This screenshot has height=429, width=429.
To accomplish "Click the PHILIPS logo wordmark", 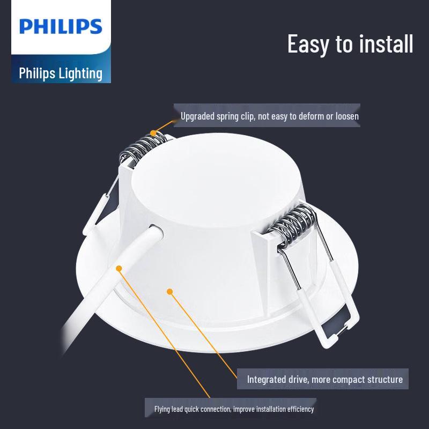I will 61,26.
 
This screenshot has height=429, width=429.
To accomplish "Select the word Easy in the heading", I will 308,43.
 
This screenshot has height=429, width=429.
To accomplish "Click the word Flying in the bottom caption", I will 162,409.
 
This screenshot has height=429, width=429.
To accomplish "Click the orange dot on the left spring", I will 153,132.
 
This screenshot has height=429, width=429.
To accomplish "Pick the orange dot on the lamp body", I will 170,292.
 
